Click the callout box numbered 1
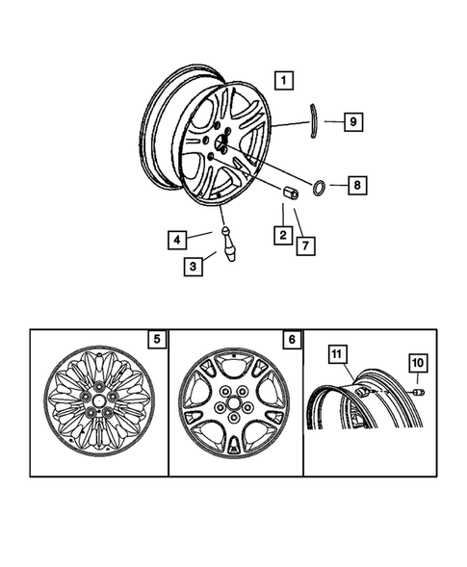pyautogui.click(x=283, y=80)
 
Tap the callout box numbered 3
pyautogui.click(x=195, y=266)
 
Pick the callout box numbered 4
pyautogui.click(x=176, y=238)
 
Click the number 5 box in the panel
pyautogui.click(x=155, y=339)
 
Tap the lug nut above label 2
pyautogui.click(x=291, y=193)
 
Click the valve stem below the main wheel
pyautogui.click(x=229, y=245)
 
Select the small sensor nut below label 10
pyautogui.click(x=420, y=392)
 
